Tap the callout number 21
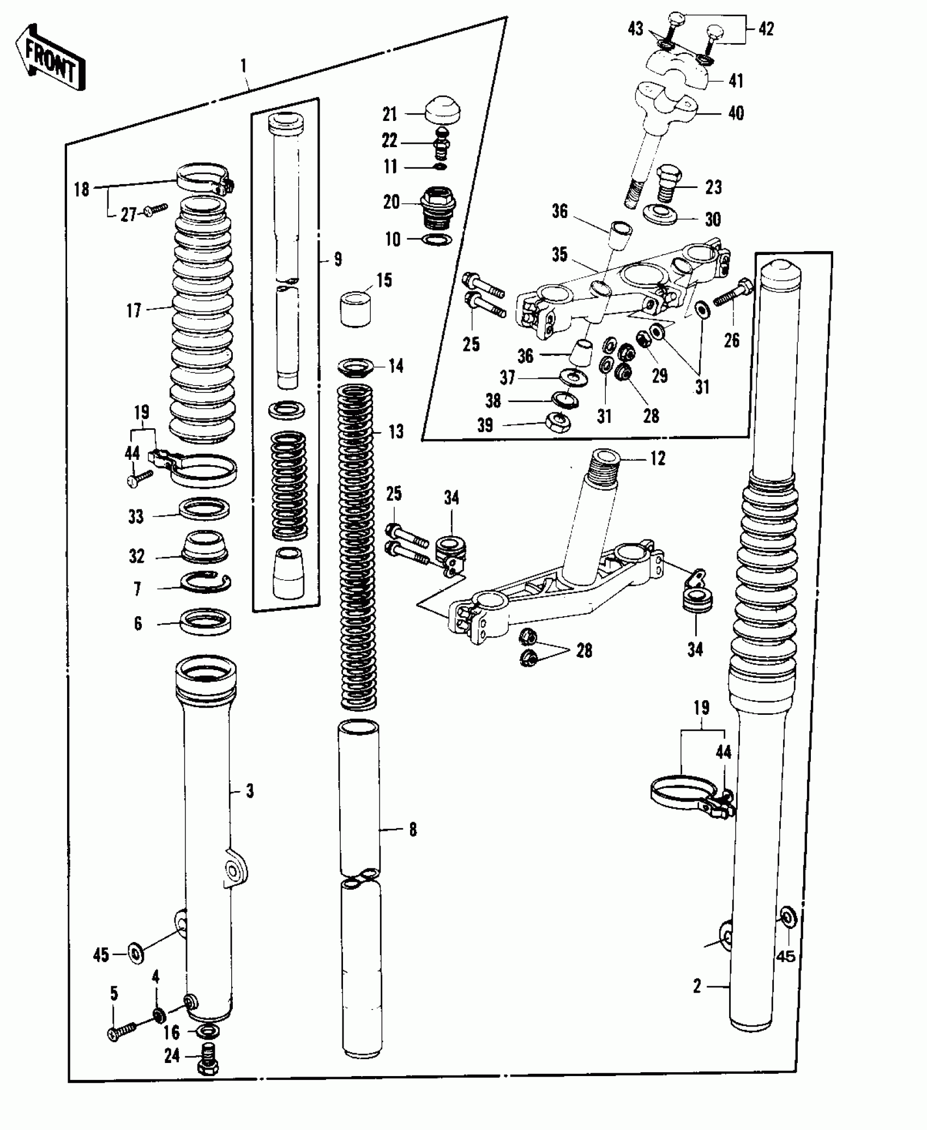(389, 115)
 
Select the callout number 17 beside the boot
(134, 311)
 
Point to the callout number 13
(396, 432)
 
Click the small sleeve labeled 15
(356, 308)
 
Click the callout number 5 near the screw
(114, 993)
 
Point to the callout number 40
(736, 113)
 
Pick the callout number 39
(485, 426)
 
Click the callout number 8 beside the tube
(413, 830)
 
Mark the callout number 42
(766, 29)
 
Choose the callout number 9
(338, 259)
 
